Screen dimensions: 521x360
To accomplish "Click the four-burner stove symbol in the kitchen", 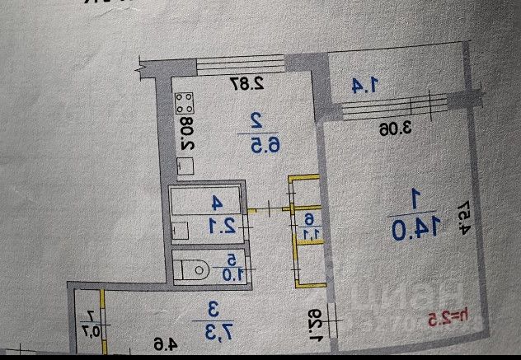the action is (185, 104).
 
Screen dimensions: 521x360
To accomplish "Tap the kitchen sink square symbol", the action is (186, 164).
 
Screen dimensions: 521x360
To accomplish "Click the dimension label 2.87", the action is (246, 82).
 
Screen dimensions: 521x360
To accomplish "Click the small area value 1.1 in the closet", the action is (308, 233).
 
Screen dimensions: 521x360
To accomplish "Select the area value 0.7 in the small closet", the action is (90, 332).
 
